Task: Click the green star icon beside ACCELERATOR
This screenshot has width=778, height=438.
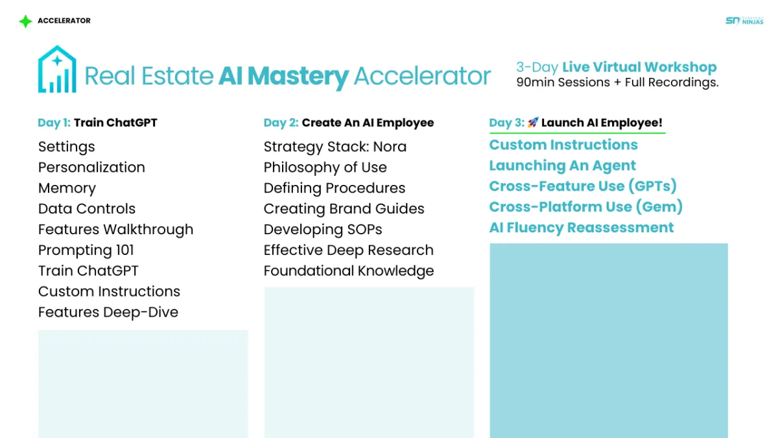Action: pyautogui.click(x=25, y=21)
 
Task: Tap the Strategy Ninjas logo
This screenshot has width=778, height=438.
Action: pyautogui.click(x=744, y=21)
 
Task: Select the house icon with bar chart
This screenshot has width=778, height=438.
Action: pyautogui.click(x=57, y=69)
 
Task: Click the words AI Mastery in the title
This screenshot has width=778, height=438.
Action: pyautogui.click(x=283, y=76)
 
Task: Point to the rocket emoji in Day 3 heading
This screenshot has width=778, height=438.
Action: pyautogui.click(x=533, y=123)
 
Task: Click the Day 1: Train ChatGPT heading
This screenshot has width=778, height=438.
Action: pyautogui.click(x=97, y=123)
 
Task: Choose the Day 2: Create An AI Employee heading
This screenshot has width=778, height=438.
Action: pyautogui.click(x=349, y=123)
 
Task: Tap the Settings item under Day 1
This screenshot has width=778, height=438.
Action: pyautogui.click(x=66, y=147)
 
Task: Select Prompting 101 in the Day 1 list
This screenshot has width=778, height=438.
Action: pyautogui.click(x=86, y=250)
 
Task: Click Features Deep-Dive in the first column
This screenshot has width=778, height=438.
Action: pyautogui.click(x=108, y=312)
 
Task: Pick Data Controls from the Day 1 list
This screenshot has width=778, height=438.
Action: pyautogui.click(x=87, y=208)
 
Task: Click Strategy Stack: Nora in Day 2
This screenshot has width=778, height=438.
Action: pyautogui.click(x=335, y=147)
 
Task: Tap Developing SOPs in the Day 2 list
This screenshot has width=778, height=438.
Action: pyautogui.click(x=323, y=230)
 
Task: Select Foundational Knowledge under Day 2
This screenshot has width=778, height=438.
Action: pyautogui.click(x=349, y=271)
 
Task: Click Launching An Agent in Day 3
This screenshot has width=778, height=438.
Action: pyautogui.click(x=562, y=165)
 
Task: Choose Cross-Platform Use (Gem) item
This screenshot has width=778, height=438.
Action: pyautogui.click(x=585, y=207)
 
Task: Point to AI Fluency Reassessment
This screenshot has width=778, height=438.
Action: pyautogui.click(x=582, y=228)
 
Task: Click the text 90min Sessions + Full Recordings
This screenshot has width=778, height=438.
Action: pyautogui.click(x=617, y=82)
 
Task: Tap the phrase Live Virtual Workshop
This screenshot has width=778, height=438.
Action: pyautogui.click(x=639, y=67)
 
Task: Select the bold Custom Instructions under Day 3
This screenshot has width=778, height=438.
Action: pyautogui.click(x=563, y=145)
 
